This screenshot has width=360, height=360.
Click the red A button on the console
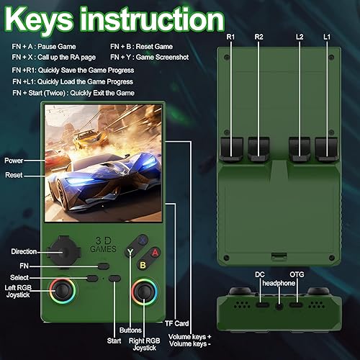coord(153,253)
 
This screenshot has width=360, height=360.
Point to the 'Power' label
coord(14,160)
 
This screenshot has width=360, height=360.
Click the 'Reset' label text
coord(14,175)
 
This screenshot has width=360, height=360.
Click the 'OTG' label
coord(297,274)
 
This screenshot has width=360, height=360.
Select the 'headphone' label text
coord(278,283)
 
